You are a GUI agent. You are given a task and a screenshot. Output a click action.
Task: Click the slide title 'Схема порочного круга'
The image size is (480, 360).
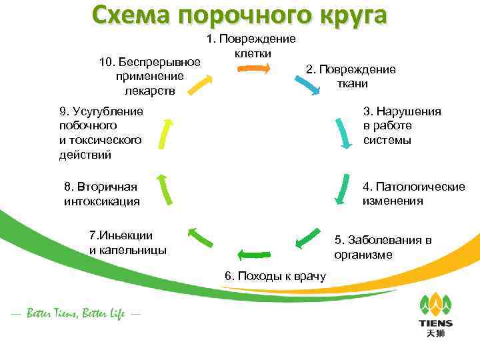239,15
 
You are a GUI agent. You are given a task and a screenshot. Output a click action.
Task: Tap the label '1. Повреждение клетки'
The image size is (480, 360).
252,45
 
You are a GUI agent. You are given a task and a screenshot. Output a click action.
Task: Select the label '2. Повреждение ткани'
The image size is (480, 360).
351,77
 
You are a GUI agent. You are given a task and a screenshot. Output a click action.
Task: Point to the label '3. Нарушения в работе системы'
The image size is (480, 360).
402,125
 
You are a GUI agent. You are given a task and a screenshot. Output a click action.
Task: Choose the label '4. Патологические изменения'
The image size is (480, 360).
413,193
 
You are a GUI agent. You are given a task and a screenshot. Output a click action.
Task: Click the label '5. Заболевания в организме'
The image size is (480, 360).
383,247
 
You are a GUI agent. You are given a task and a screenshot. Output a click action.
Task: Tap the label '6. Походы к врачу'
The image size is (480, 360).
275,276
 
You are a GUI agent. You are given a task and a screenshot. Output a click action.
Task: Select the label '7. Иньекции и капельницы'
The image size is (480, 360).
127,243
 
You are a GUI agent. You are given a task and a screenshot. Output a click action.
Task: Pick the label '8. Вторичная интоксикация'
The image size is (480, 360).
101,193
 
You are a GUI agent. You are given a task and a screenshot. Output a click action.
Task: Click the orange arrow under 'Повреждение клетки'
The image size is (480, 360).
255,67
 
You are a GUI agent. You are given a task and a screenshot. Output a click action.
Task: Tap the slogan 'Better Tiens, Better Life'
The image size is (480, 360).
75,313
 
